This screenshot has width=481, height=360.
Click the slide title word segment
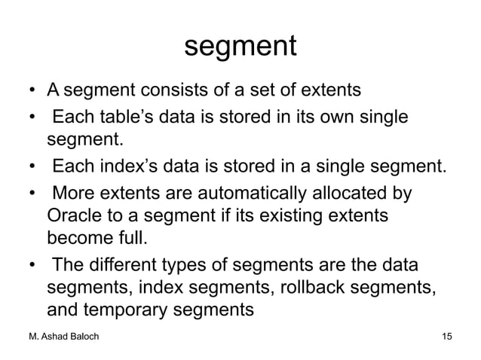pos(240,47)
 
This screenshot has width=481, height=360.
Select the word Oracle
pos(75,216)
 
